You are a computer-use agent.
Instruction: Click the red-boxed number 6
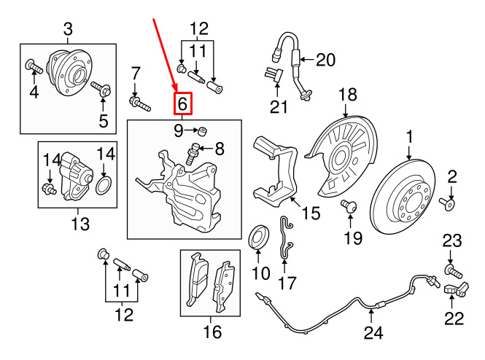(183, 105)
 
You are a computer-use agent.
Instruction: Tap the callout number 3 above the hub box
(68, 30)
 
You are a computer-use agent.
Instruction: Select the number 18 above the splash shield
(348, 94)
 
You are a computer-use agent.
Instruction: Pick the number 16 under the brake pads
(211, 333)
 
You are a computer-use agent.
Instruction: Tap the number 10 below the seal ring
(260, 274)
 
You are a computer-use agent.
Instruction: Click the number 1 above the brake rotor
(409, 136)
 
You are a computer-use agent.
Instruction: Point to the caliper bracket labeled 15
(275, 171)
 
